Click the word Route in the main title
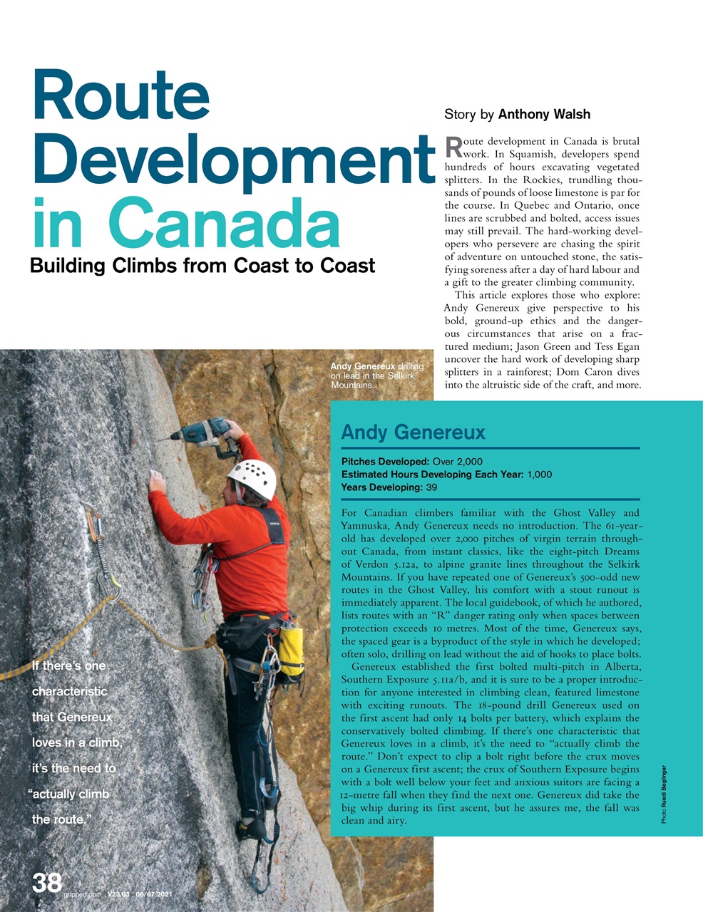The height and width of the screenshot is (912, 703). click(x=121, y=97)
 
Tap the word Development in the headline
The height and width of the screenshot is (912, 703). click(x=232, y=161)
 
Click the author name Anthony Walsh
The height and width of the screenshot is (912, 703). click(x=544, y=114)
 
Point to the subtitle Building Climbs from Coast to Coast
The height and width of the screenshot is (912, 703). click(x=202, y=266)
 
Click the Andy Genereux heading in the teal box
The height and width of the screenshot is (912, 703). click(x=413, y=432)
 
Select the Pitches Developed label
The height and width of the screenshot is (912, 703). click(x=385, y=461)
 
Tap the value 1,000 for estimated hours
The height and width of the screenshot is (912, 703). click(x=539, y=475)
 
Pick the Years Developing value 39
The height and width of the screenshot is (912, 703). click(x=431, y=487)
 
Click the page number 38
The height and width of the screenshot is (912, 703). click(x=47, y=883)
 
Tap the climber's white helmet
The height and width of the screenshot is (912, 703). click(x=253, y=478)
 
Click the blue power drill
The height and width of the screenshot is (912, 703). click(x=207, y=432)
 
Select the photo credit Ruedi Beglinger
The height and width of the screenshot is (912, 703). click(x=664, y=795)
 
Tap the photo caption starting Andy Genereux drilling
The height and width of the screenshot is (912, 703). click(x=376, y=375)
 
